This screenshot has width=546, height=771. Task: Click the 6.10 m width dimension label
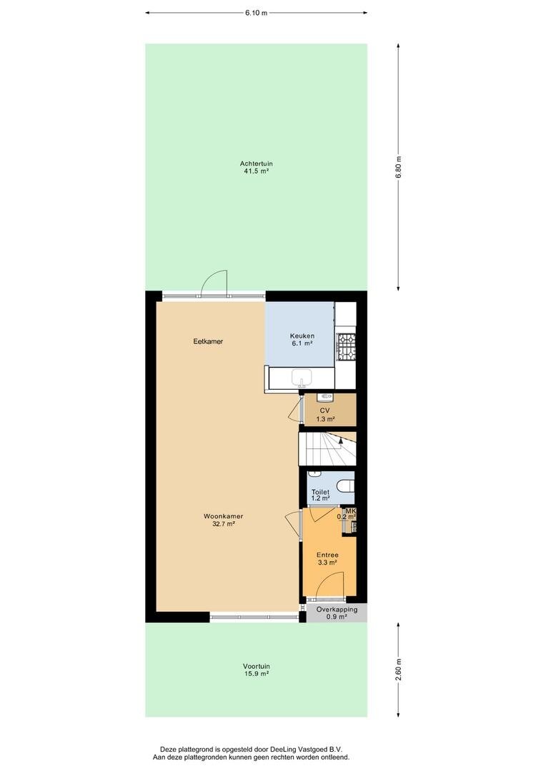click(x=256, y=13)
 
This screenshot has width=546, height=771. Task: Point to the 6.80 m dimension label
click(x=398, y=167)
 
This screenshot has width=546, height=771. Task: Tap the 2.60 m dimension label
click(x=398, y=670)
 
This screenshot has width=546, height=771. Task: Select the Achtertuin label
click(x=256, y=163)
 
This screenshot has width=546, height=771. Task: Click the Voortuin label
click(x=256, y=667)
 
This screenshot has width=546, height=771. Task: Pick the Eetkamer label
click(x=208, y=341)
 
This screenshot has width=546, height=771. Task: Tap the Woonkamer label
click(x=223, y=516)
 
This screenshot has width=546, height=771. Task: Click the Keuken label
click(x=302, y=336)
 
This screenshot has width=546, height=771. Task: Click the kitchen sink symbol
click(x=302, y=378)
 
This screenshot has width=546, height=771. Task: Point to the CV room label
click(x=324, y=410)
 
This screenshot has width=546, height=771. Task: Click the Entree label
click(x=327, y=555)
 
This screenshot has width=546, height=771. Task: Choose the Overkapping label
click(x=337, y=610)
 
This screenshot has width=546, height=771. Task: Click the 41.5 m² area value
click(x=256, y=171)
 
